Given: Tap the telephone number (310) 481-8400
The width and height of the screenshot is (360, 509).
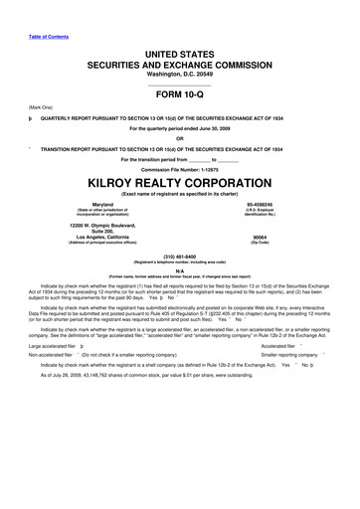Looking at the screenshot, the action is (180, 257).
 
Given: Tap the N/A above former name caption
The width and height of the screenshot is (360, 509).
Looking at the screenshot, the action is (180, 270).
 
